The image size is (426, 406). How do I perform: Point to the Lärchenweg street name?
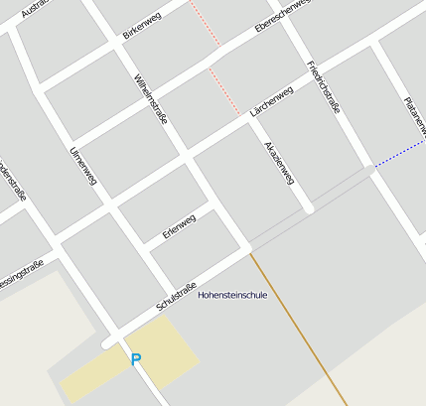click(271, 103)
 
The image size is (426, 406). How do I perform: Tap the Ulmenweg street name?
click(83, 167)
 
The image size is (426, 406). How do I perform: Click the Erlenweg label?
click(179, 227)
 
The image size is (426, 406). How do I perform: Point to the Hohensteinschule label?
click(232, 295)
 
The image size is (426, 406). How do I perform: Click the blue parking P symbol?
click(136, 359)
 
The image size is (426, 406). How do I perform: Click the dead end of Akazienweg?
click(310, 209)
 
